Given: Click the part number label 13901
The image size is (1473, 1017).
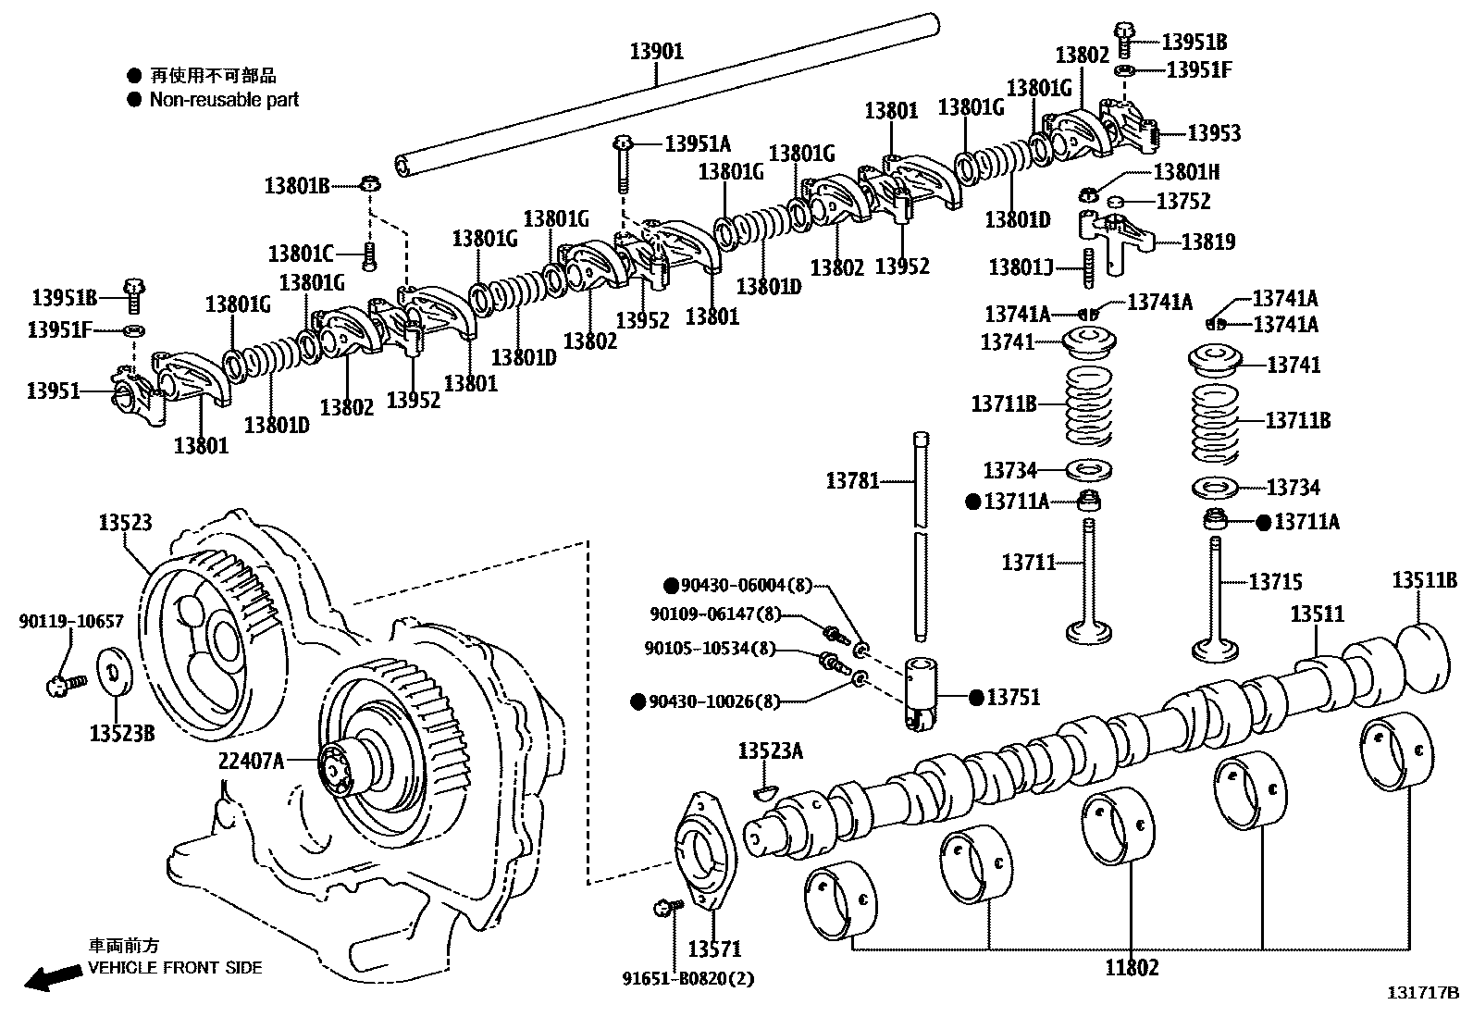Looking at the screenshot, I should click(657, 52).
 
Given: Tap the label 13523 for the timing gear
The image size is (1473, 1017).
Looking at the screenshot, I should click(126, 523).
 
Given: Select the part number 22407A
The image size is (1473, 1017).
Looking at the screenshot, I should click(251, 761).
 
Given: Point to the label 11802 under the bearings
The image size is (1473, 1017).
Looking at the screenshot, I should click(1132, 968).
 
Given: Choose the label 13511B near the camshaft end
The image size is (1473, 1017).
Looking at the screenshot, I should click(1425, 580).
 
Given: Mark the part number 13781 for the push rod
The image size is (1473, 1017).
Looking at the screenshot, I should click(852, 480).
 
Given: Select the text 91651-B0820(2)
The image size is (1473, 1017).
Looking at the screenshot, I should click(687, 978).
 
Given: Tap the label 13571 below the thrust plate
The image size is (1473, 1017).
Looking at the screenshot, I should click(714, 949).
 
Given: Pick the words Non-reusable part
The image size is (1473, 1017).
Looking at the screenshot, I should click(224, 100).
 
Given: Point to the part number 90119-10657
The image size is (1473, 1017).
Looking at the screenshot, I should click(70, 622).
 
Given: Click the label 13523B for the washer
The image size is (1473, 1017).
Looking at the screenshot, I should click(122, 733).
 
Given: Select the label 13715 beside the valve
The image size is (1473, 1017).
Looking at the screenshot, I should click(1276, 582).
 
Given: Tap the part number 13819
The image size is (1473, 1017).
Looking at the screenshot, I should click(1208, 242).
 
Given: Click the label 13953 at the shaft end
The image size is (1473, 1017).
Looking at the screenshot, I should click(1214, 133).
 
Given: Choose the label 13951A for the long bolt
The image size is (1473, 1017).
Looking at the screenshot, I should click(698, 143).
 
